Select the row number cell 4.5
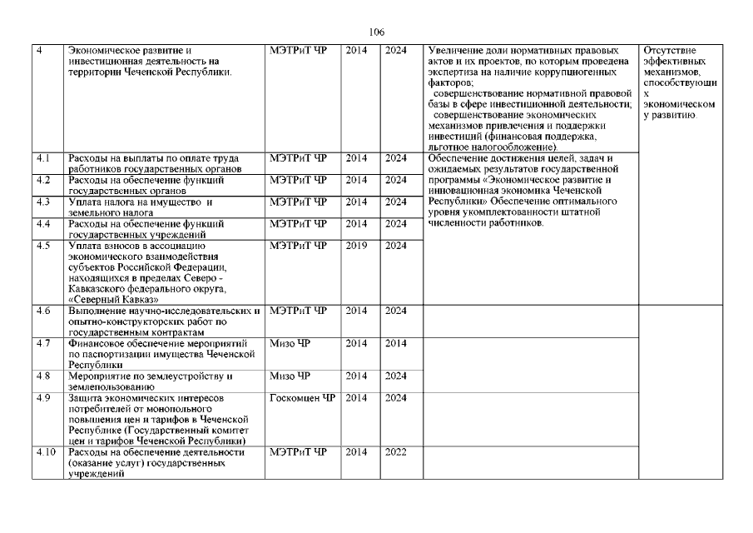coord(44,245)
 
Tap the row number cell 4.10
coord(46,452)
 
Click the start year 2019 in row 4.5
coord(356,245)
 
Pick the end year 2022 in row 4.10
coord(395,452)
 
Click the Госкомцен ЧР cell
coord(302,398)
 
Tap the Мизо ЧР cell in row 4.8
coord(289,376)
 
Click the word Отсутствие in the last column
coord(670,51)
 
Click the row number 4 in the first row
coord(40,51)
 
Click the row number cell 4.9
coord(44,398)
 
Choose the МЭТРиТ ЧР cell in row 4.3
coord(299,202)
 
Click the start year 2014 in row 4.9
coord(356,398)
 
